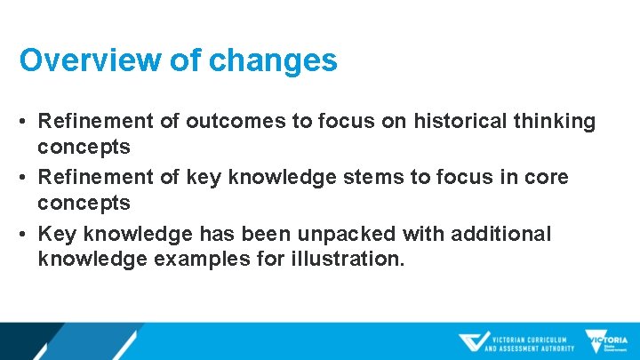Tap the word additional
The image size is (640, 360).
coord(502,234)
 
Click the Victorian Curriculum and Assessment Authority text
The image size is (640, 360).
coord(532,342)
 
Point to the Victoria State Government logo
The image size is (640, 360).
coord(606,341)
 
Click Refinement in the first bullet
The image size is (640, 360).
coord(92,122)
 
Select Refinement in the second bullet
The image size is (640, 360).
coord(92,178)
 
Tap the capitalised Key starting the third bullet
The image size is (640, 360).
coord(54,234)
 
